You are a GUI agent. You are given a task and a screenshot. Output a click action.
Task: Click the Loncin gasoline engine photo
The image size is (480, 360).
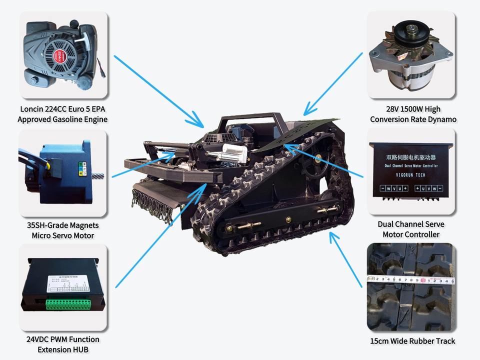63,55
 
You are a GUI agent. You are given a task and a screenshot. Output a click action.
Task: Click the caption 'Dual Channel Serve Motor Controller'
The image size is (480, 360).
411,229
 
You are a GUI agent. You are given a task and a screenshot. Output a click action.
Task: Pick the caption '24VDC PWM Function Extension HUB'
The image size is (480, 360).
63,344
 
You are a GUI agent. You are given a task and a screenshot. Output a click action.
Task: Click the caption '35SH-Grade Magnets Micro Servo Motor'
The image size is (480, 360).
63,230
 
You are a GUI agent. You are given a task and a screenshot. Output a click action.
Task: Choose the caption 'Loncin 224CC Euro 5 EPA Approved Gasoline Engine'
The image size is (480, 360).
63,114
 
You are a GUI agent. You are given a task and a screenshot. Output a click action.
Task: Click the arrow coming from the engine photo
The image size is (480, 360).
157,89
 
